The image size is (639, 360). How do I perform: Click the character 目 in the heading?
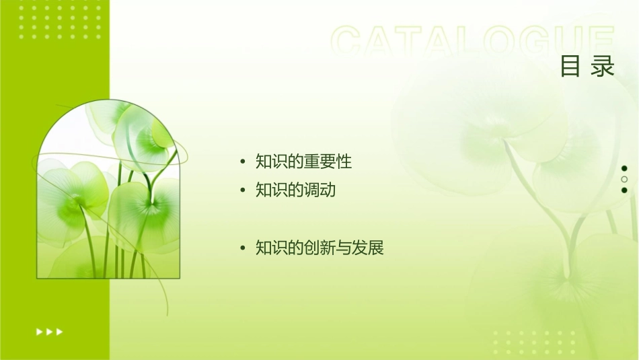tap(570, 67)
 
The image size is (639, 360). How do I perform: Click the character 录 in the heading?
tap(603, 67)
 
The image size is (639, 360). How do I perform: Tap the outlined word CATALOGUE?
tap(473, 40)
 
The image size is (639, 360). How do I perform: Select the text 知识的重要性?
tap(303, 161)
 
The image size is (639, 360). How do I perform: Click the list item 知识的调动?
tap(295, 190)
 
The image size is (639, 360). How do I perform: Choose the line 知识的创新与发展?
tap(319, 248)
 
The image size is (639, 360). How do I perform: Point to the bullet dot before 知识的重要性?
tap(243, 162)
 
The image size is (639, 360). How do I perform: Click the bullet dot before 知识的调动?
tap(243, 191)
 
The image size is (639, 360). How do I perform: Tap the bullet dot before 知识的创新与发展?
tap(243, 249)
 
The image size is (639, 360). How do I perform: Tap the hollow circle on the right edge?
tap(624, 179)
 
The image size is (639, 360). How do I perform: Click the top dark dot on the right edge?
tap(624, 168)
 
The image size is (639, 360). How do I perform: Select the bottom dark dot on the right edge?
tap(624, 190)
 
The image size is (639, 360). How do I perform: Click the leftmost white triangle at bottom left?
tap(39, 331)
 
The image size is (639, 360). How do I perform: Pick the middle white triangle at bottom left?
tap(49, 331)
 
